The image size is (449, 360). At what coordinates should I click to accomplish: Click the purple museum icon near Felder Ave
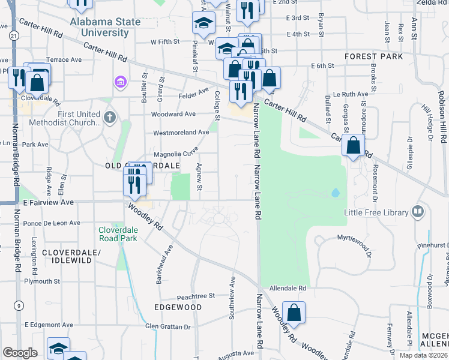119,81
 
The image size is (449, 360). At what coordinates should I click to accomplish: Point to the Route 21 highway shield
13,37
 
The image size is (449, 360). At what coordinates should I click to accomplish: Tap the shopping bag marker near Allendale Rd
294,313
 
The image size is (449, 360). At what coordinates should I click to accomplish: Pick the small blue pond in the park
335,193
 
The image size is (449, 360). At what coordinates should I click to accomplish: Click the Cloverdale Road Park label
118,234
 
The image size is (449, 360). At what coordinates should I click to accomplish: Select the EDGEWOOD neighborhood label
178,307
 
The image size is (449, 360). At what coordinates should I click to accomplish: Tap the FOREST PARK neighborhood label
373,56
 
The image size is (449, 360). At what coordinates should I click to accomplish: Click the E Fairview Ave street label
49,203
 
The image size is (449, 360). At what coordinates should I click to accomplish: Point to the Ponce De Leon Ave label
53,223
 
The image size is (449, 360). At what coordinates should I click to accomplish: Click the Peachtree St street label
196,296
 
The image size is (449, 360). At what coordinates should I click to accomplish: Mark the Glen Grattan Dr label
168,326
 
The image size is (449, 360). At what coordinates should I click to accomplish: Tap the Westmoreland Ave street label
182,132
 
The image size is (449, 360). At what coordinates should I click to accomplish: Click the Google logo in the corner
20,353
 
